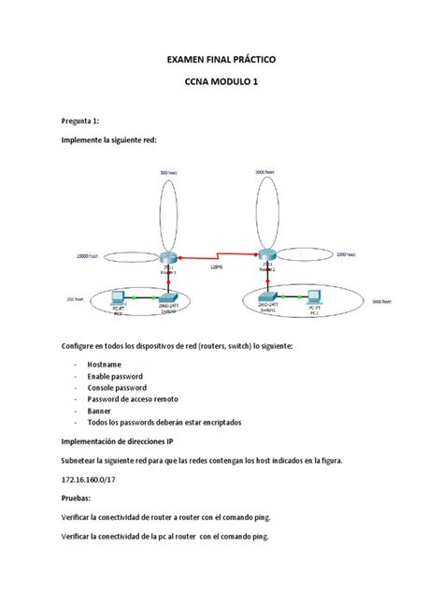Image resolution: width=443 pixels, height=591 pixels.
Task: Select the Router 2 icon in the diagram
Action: (268, 254)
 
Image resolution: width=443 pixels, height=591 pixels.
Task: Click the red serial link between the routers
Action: (217, 255)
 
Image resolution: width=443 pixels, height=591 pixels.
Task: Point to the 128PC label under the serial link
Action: (217, 267)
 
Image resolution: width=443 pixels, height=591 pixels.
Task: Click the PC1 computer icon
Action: (316, 300)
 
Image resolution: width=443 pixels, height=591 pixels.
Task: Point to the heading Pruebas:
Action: (80, 500)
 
